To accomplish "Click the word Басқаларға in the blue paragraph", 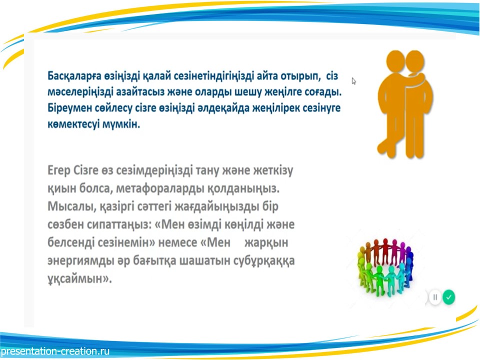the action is tap(74, 76).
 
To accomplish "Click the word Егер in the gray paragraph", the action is tap(59, 170).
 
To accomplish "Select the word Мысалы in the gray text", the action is tap(71, 206).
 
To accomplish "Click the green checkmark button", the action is tap(448, 297).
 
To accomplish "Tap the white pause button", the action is tap(434, 297).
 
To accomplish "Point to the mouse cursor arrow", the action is tap(354, 81).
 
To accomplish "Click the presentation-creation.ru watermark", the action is tap(55, 351).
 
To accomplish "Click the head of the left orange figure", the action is tap(396, 61).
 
